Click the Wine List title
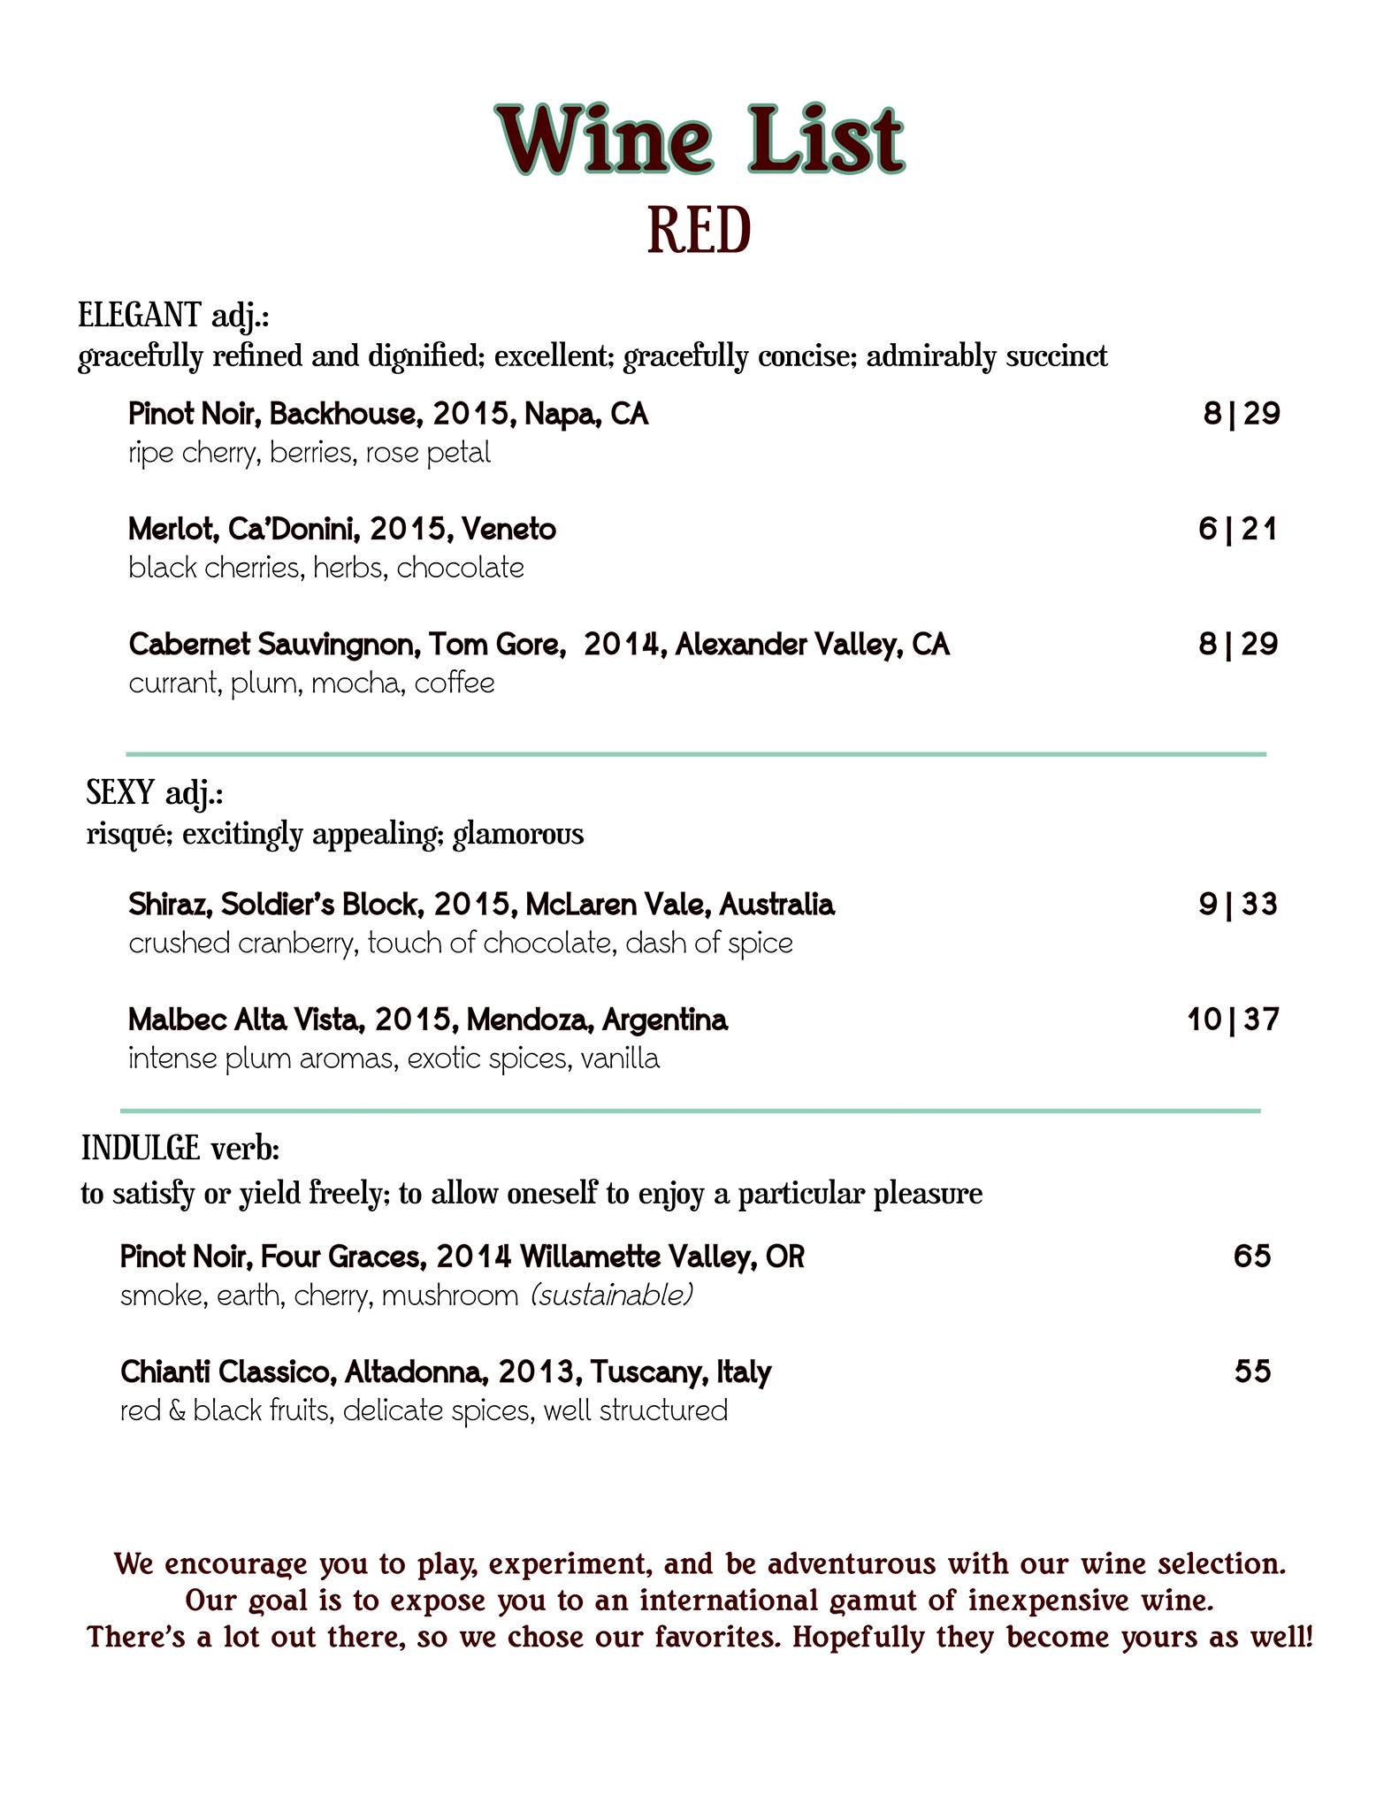pyautogui.click(x=700, y=140)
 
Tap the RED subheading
pyautogui.click(x=699, y=231)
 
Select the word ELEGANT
pyautogui.click(x=140, y=315)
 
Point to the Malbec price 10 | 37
pyautogui.click(x=1233, y=1020)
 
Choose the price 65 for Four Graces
pyautogui.click(x=1252, y=1256)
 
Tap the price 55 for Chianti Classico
pyautogui.click(x=1252, y=1372)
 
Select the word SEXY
pyautogui.click(x=120, y=793)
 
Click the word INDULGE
pyautogui.click(x=141, y=1149)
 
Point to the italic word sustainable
pyautogui.click(x=611, y=1295)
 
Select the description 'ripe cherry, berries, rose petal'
pyautogui.click(x=309, y=454)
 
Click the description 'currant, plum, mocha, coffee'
pyautogui.click(x=311, y=684)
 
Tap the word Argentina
pyautogui.click(x=664, y=1020)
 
